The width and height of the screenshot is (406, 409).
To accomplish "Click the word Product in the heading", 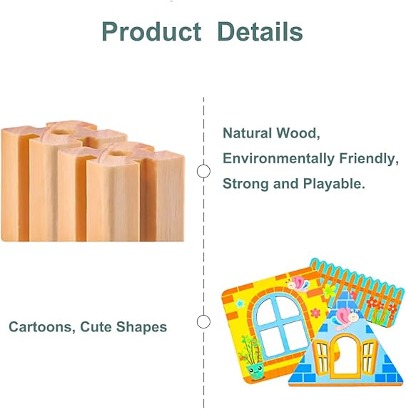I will coord(151,31).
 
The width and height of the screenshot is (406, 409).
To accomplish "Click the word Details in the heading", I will coord(260,31).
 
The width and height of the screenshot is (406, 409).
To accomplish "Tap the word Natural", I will coord(248,133).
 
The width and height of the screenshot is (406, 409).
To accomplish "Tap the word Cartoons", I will coord(40,327).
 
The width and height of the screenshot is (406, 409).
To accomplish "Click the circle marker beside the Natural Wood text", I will coord(203,171).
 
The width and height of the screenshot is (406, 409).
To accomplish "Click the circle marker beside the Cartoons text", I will coord(203,321).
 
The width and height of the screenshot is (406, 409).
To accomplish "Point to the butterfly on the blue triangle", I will coord(345,316).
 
